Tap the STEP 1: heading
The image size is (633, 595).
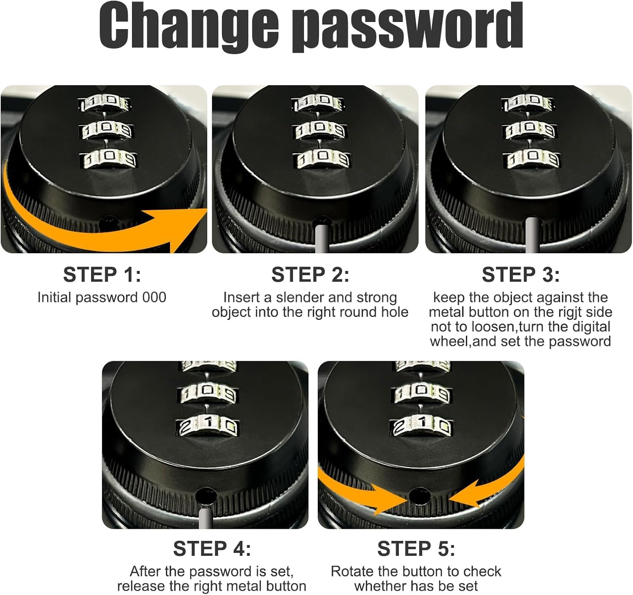click(102, 275)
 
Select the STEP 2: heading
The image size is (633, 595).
click(310, 275)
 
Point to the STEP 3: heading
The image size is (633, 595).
click(520, 275)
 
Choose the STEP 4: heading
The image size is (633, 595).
click(212, 549)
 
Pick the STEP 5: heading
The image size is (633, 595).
click(416, 549)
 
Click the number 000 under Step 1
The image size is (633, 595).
click(154, 297)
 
